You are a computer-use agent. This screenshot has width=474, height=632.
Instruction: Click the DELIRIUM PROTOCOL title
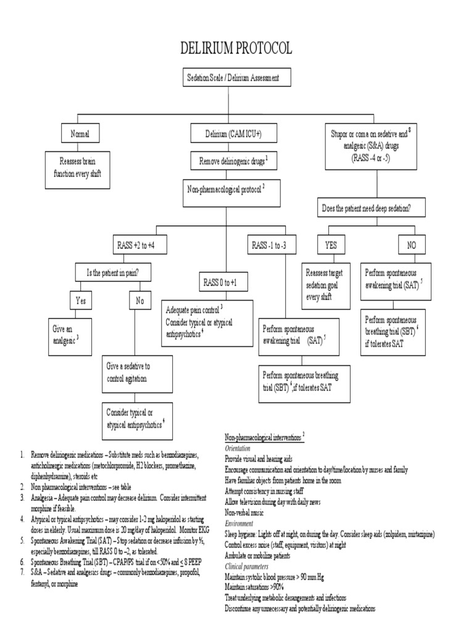click(x=236, y=48)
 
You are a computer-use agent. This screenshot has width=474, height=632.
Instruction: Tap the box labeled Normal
click(x=80, y=133)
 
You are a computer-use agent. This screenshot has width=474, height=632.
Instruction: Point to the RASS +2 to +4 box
click(x=141, y=245)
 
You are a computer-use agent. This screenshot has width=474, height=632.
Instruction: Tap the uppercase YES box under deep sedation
click(x=331, y=245)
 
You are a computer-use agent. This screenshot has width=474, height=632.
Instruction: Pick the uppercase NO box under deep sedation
click(x=411, y=245)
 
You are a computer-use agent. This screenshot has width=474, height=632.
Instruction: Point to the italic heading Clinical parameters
click(x=247, y=566)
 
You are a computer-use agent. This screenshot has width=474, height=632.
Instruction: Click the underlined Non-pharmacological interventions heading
click(x=264, y=437)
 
